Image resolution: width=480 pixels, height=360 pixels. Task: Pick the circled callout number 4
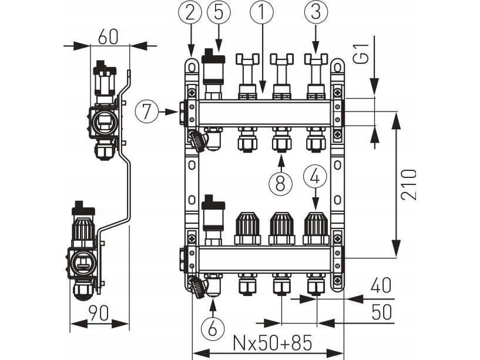tap(315, 175)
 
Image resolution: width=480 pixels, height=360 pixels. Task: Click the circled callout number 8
tap(281, 183)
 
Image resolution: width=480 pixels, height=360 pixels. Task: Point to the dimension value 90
tap(98, 313)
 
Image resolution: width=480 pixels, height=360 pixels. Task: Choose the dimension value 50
tap(381, 311)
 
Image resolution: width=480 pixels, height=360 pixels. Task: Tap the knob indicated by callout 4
tap(315, 228)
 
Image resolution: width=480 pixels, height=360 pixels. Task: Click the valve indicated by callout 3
tap(315, 75)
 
